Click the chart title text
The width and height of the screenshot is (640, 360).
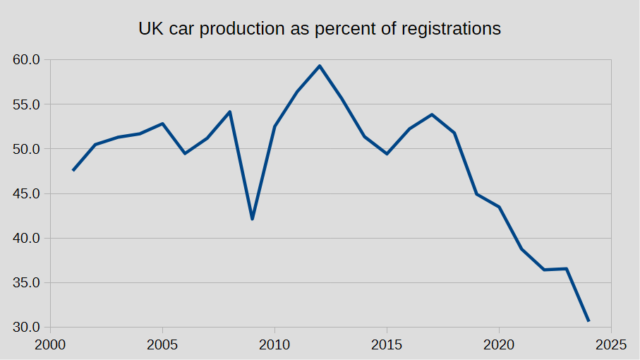point(319,29)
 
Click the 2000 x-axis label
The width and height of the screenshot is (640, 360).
point(50,345)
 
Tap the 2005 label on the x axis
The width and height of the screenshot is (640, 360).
point(162,345)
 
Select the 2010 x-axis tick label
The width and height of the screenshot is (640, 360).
point(274,345)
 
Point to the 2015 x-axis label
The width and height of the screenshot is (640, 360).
point(387,345)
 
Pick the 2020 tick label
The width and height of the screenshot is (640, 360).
point(499,345)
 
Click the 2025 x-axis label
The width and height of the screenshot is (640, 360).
point(611,345)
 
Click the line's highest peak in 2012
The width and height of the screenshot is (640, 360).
point(320,66)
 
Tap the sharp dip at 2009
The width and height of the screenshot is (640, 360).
point(252,219)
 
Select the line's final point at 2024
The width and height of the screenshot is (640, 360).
point(588,321)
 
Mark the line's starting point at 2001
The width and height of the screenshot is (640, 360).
point(73,170)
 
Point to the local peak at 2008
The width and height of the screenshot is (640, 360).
point(230,112)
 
